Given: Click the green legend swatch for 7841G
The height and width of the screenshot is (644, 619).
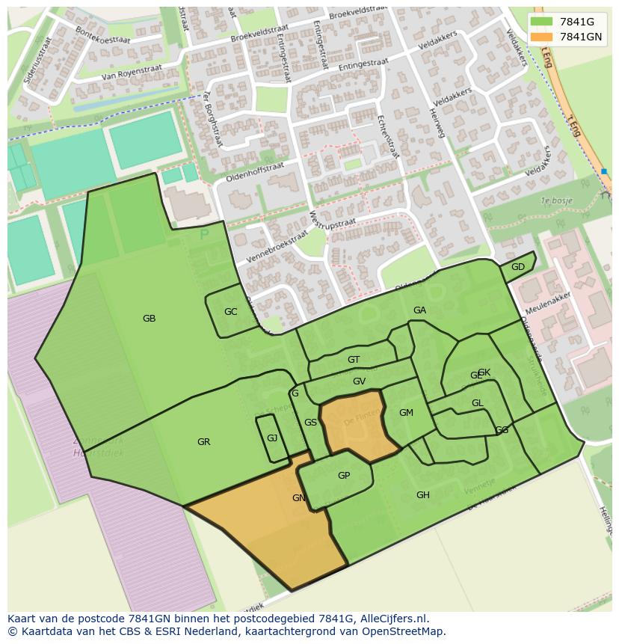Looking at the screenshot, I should pyautogui.click(x=542, y=22).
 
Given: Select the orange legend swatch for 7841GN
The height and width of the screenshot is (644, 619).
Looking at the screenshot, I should pyautogui.click(x=542, y=37).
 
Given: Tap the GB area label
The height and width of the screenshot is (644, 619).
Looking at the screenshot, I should pyautogui.click(x=149, y=319).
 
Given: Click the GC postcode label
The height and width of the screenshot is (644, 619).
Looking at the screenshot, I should pyautogui.click(x=230, y=312).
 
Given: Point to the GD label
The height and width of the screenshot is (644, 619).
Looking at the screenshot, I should pyautogui.click(x=517, y=267).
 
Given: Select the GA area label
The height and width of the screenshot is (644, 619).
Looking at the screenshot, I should pyautogui.click(x=419, y=310).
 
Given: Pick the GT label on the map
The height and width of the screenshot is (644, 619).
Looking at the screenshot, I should pyautogui.click(x=354, y=360).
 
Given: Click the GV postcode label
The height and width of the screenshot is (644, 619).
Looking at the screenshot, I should pyautogui.click(x=359, y=381).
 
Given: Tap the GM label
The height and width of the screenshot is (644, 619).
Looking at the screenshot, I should pyautogui.click(x=406, y=413).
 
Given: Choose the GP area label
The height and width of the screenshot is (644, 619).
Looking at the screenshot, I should pyautogui.click(x=344, y=476).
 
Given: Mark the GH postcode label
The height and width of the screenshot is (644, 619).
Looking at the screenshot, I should pyautogui.click(x=423, y=495).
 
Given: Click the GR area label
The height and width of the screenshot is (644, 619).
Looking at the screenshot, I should pyautogui.click(x=203, y=442).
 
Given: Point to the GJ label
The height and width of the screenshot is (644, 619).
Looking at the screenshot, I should pyautogui.click(x=272, y=438).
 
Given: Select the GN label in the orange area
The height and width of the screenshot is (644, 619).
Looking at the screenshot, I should pyautogui.click(x=298, y=498).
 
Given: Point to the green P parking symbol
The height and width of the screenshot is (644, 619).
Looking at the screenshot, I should pyautogui.click(x=204, y=235).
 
